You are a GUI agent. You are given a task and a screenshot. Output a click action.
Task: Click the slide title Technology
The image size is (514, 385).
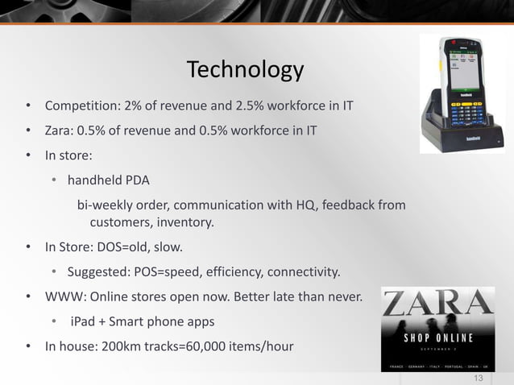245,71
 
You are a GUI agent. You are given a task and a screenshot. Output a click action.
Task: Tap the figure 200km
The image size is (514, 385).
137,346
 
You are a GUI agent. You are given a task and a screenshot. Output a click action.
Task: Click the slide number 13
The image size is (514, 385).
479,379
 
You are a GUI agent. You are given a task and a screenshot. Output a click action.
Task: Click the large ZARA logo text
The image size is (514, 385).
438,304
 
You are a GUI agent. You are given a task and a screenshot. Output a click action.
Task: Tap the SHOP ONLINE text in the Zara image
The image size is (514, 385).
438,337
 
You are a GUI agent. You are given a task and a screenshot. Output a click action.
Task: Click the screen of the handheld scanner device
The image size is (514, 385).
462,72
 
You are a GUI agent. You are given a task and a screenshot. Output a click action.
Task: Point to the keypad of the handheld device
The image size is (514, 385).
462,118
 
